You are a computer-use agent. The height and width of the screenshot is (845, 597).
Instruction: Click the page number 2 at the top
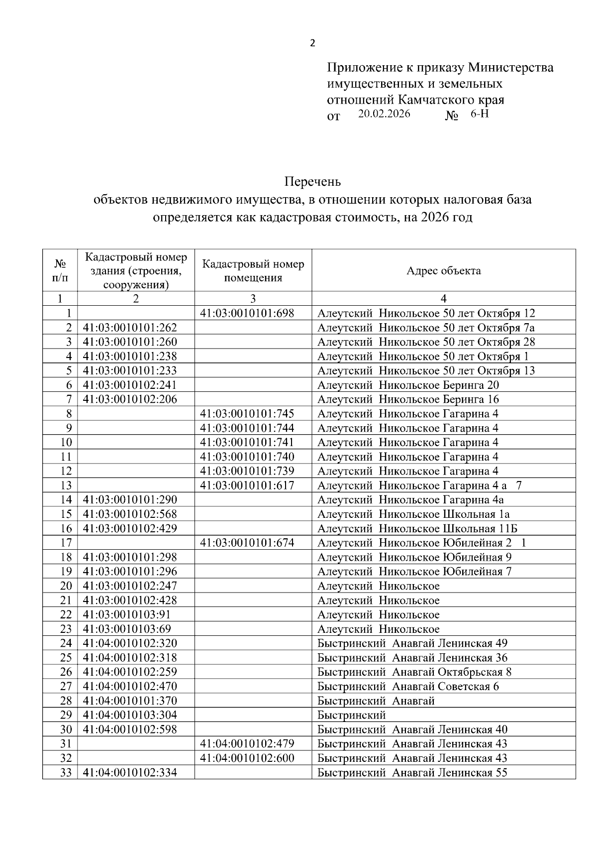pyautogui.click(x=312, y=43)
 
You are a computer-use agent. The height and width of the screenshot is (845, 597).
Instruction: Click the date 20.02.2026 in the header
pyautogui.click(x=384, y=114)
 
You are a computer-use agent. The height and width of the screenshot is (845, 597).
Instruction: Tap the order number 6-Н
pyautogui.click(x=480, y=114)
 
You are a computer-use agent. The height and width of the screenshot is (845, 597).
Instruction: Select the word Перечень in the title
pyautogui.click(x=312, y=182)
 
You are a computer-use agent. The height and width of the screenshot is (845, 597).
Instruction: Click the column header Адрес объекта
pyautogui.click(x=443, y=271)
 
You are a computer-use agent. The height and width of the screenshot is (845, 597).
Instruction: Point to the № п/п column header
pyautogui.click(x=60, y=271)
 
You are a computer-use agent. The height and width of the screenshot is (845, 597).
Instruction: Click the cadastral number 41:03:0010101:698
pyautogui.click(x=247, y=313)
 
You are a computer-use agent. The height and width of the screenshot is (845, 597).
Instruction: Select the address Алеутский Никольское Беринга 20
pyautogui.click(x=408, y=385)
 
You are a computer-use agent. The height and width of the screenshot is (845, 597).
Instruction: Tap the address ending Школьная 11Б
pyautogui.click(x=417, y=528)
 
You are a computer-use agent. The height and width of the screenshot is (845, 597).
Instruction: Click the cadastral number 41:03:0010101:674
pyautogui.click(x=247, y=543)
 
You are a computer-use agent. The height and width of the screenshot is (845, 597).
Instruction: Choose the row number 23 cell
pyautogui.click(x=66, y=629)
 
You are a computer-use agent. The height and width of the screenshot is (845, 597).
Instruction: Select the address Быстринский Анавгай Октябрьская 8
pyautogui.click(x=414, y=672)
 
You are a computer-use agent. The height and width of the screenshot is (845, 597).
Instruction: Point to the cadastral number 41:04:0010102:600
pyautogui.click(x=247, y=758)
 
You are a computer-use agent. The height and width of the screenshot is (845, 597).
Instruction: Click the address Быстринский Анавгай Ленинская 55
pyautogui.click(x=412, y=772)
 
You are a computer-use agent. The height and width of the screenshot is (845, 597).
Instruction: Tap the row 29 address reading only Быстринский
pyautogui.click(x=352, y=715)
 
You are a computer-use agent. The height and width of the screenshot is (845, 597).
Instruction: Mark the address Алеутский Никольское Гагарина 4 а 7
pyautogui.click(x=419, y=485)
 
